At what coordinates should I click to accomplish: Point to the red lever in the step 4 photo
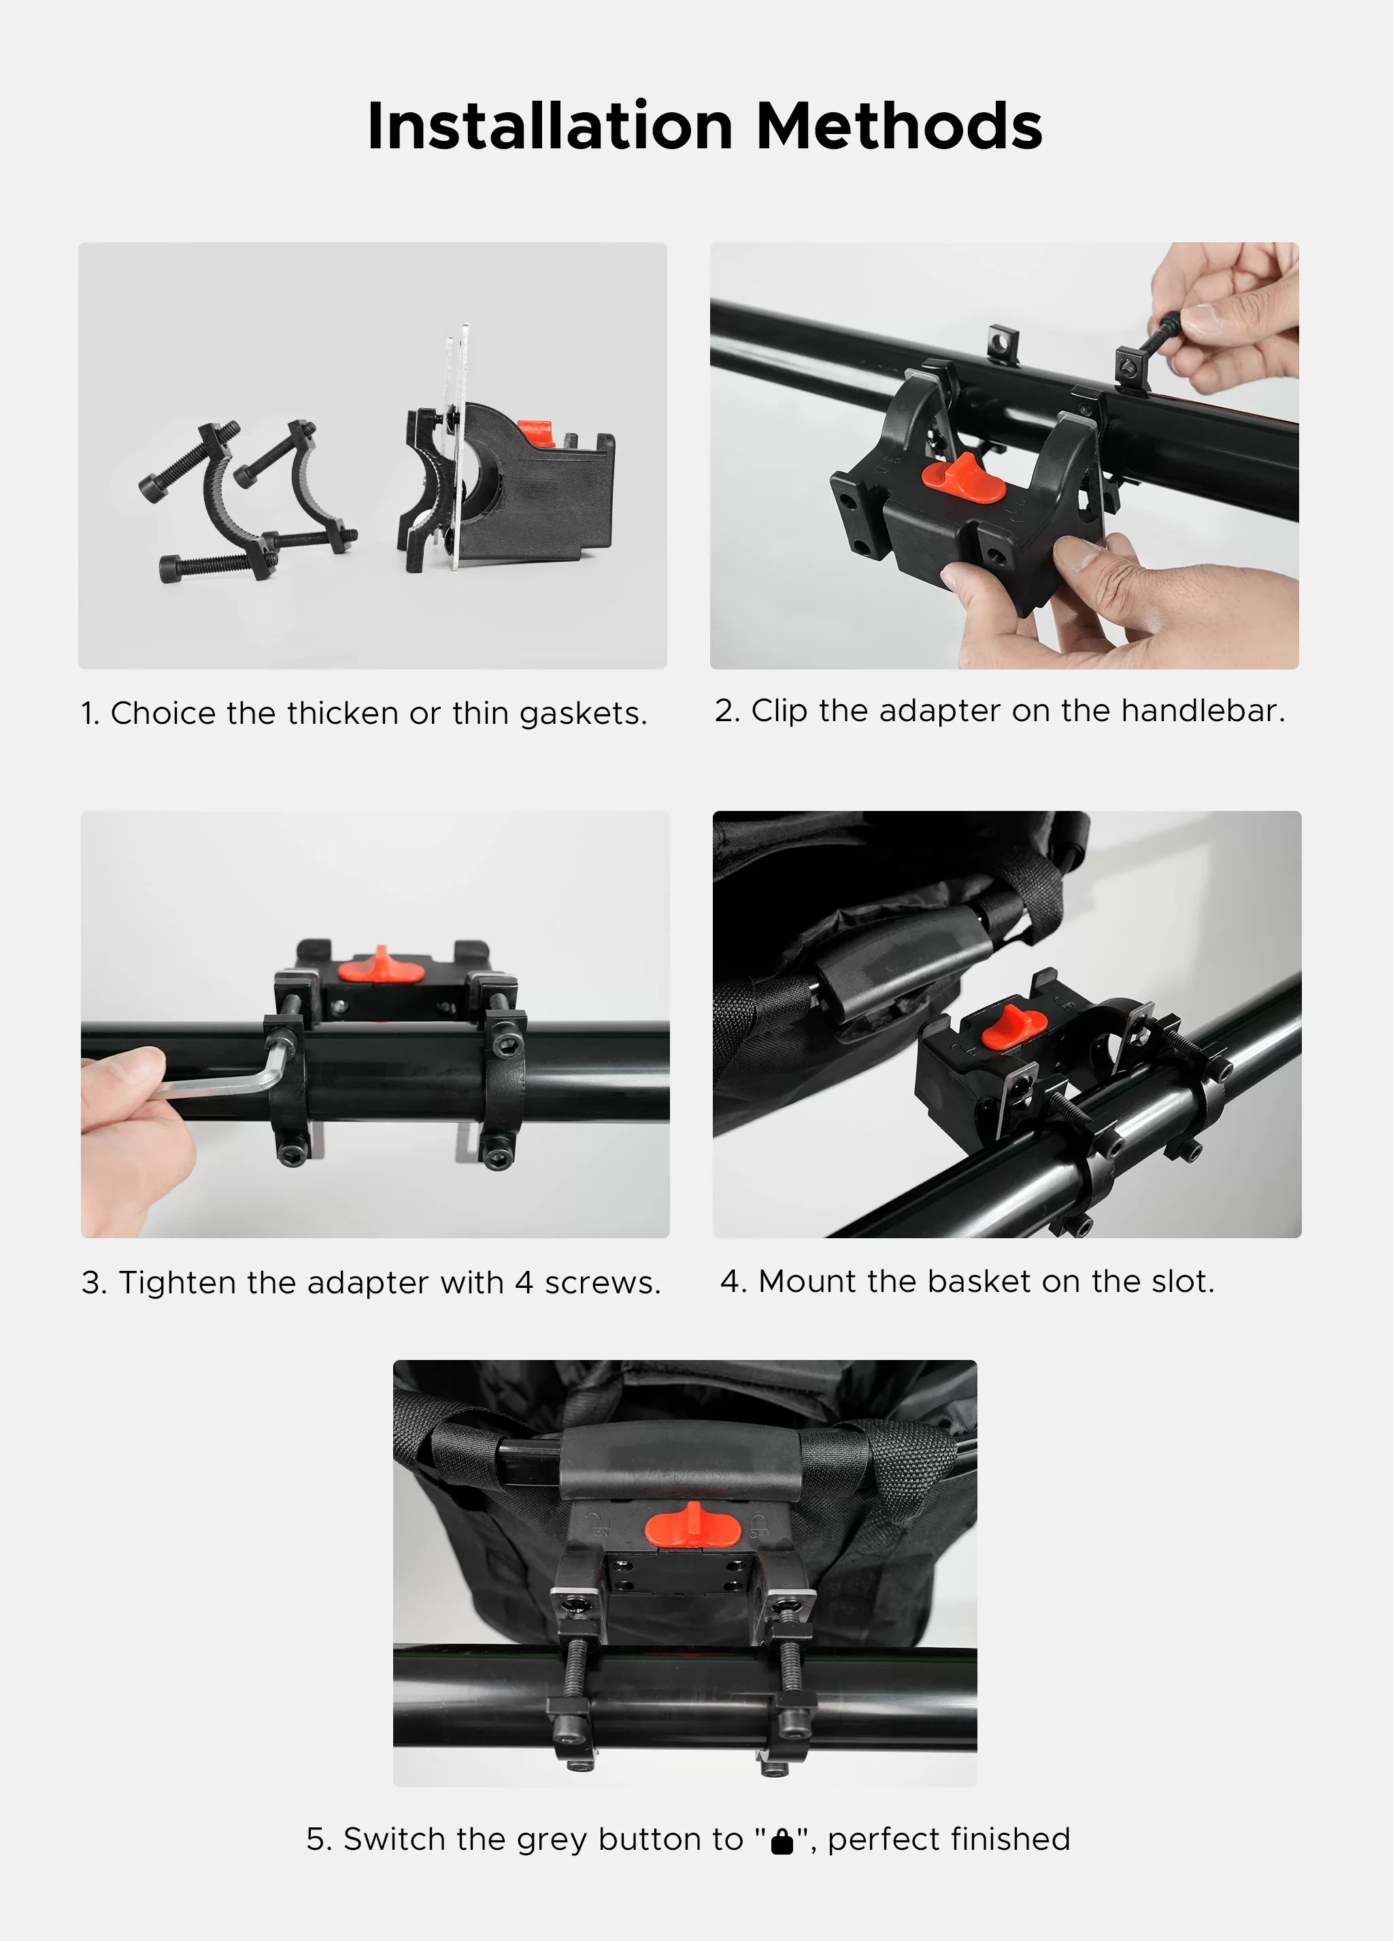click(x=1012, y=1028)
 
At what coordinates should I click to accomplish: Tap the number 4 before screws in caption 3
click(x=524, y=1283)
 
